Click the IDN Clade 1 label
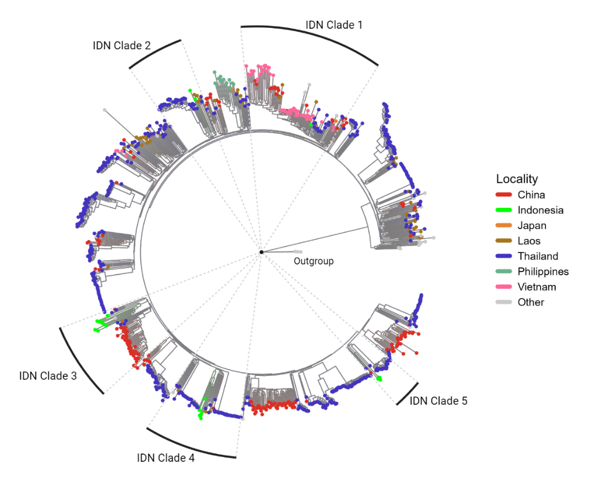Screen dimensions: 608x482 click(x=334, y=25)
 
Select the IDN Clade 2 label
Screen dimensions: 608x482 click(x=122, y=45)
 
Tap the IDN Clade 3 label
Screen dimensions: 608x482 click(x=48, y=375)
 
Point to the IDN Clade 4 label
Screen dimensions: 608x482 click(x=166, y=458)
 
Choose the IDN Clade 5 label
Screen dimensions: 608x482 click(x=438, y=401)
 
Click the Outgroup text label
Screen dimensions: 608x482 click(x=313, y=261)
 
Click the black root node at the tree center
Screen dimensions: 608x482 click(x=262, y=252)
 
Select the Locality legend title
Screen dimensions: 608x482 click(x=517, y=179)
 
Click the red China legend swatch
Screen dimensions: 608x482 click(x=504, y=194)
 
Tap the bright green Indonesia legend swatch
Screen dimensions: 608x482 click(x=504, y=210)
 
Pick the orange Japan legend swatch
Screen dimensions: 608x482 click(x=504, y=225)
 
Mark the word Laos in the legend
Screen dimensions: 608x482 click(x=529, y=241)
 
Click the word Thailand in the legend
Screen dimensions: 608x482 click(x=538, y=256)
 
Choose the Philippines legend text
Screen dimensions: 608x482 click(x=543, y=271)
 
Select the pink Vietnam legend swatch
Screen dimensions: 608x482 click(x=504, y=287)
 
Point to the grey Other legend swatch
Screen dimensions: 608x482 click(x=504, y=302)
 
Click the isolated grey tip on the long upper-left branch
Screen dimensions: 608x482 click(x=104, y=110)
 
